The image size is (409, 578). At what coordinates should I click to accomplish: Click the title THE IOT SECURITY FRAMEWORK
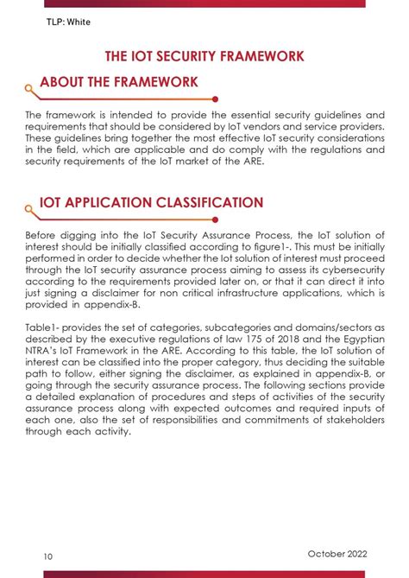coord(204,56)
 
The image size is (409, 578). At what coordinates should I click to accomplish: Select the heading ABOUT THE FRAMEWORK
coord(118,82)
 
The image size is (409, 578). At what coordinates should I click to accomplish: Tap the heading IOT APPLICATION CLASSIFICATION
coord(151,203)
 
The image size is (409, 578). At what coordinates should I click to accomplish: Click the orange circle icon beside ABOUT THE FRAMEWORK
coord(30,87)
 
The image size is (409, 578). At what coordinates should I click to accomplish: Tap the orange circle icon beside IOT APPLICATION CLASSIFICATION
coord(30,208)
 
